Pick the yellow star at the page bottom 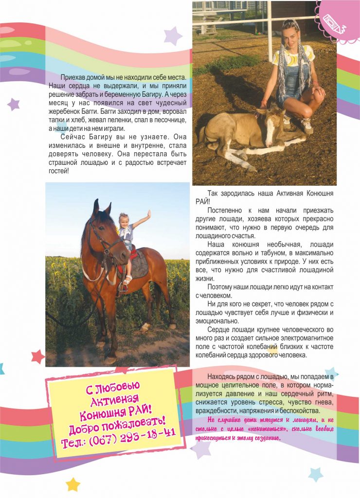click(x=72, y=484)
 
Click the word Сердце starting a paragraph click(x=218, y=329)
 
